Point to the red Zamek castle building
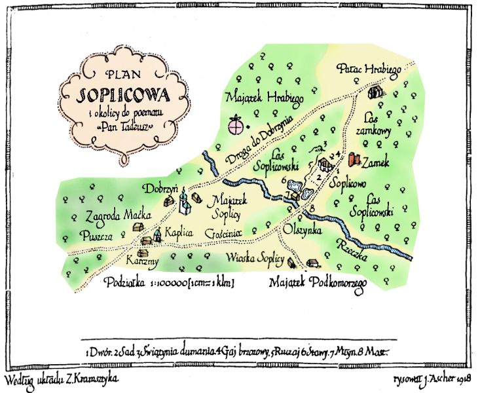pos(355,159)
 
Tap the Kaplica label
pos(177,233)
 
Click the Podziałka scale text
pos(170,283)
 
